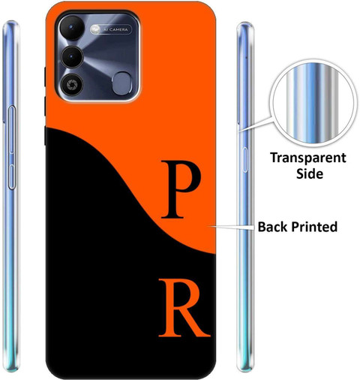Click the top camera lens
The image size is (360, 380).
click(72, 28)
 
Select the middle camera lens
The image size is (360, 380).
click(72, 57)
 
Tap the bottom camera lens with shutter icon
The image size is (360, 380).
click(72, 84)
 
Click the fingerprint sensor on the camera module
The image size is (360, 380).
click(122, 83)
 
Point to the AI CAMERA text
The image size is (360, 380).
click(115, 29)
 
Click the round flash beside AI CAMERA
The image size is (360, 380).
click(95, 29)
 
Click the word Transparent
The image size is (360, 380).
click(308, 158)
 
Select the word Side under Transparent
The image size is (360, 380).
click(310, 173)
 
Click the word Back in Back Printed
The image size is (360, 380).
click(273, 227)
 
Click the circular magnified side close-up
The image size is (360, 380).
click(313, 103)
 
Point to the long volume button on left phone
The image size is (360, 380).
click(12, 129)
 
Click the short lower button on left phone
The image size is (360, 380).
click(12, 176)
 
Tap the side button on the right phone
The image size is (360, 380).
click(245, 160)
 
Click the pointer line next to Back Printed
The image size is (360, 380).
click(231, 227)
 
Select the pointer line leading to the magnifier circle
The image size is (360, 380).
click(255, 124)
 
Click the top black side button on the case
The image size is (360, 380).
click(45, 77)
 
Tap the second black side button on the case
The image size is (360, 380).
click(45, 107)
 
